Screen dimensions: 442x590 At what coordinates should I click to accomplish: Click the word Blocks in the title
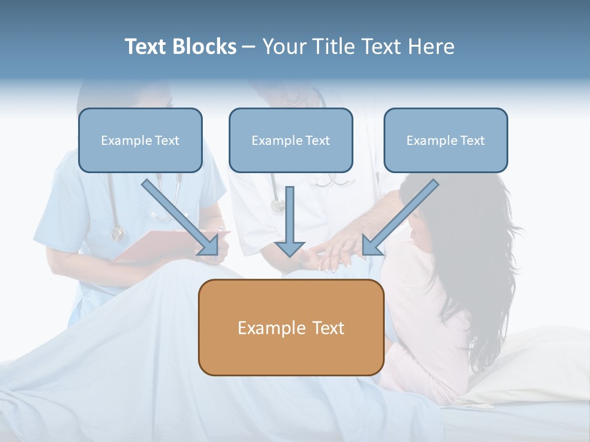(x=205, y=47)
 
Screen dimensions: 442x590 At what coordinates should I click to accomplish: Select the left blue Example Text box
(x=140, y=141)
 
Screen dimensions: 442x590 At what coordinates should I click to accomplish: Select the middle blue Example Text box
(x=291, y=141)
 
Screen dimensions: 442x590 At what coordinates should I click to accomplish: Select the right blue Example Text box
(x=446, y=141)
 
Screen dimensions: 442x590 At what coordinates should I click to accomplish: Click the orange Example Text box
(x=291, y=328)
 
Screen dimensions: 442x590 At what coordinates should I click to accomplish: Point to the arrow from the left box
(x=179, y=217)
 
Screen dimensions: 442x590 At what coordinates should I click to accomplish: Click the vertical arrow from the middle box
(x=289, y=218)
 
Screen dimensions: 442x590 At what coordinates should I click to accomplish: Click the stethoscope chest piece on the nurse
(x=117, y=233)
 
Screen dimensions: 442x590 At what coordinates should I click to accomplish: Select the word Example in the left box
(x=123, y=141)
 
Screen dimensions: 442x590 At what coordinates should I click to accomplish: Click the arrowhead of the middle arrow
(x=289, y=248)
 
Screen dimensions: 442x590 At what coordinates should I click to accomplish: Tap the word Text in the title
(x=146, y=47)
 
